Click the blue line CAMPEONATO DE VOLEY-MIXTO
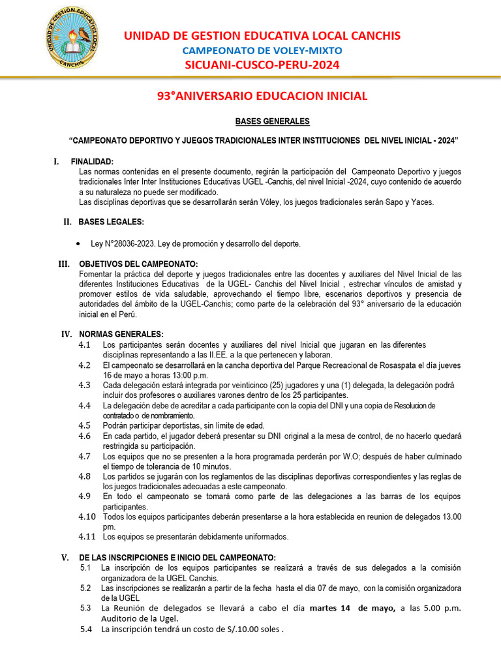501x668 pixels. click(262, 50)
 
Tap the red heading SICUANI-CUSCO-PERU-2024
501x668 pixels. click(262, 65)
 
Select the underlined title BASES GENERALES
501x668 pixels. click(264, 121)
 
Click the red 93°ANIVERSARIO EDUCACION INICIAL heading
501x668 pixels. click(262, 96)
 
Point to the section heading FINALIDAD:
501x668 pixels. click(92, 162)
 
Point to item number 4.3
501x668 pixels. click(84, 386)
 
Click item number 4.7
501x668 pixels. click(84, 457)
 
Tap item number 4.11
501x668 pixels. click(87, 537)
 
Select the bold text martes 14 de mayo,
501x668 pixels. click(353, 609)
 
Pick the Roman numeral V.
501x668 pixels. click(65, 558)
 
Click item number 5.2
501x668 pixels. click(85, 588)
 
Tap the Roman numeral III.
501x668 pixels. click(64, 264)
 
